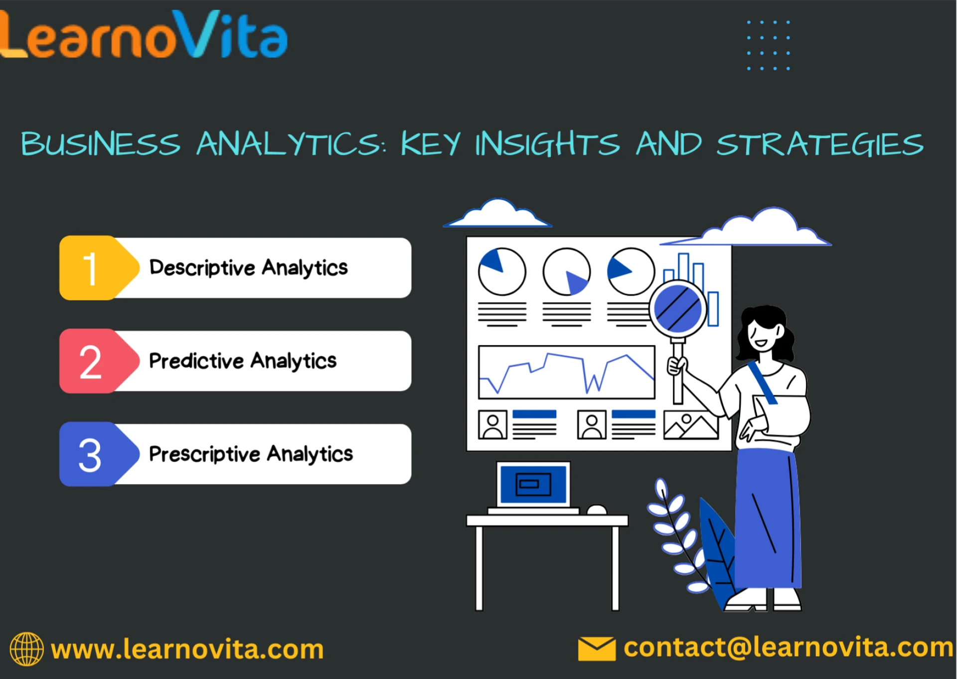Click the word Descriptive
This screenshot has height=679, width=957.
(x=202, y=268)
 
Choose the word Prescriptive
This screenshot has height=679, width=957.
(x=204, y=454)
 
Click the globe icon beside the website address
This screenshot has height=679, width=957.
(x=26, y=649)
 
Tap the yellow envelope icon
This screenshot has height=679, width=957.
(x=597, y=649)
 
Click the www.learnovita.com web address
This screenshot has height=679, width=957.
(x=187, y=650)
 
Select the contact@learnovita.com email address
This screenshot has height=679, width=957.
(x=788, y=648)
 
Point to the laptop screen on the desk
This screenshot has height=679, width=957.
(x=533, y=484)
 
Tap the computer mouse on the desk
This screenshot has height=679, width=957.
(x=597, y=509)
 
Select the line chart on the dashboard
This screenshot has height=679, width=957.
(x=566, y=372)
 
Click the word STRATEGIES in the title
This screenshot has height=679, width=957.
(x=820, y=144)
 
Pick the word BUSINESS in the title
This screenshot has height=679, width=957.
(x=100, y=144)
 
